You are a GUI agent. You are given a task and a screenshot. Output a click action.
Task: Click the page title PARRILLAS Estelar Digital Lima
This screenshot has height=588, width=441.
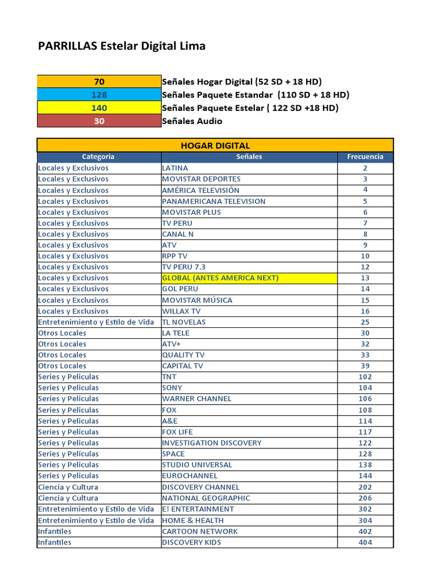[x=121, y=47]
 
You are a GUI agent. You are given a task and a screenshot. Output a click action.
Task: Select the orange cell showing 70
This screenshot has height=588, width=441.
[x=99, y=82]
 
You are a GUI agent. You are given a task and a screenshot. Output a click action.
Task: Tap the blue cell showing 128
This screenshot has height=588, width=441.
[x=99, y=95]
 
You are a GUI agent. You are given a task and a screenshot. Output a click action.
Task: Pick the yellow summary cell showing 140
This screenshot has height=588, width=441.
[x=99, y=108]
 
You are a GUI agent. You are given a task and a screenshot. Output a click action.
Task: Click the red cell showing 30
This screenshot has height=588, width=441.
[x=99, y=121]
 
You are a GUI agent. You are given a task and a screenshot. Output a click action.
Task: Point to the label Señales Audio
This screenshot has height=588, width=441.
[x=192, y=121]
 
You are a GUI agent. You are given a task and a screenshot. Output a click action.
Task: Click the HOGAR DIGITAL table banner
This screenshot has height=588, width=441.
[x=215, y=145]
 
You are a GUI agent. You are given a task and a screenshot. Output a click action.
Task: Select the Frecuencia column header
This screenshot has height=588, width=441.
[x=365, y=157]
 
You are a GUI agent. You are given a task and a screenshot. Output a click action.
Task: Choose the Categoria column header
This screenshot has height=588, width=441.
[x=98, y=157]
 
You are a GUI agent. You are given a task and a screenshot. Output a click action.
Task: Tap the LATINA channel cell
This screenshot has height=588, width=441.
[x=175, y=168]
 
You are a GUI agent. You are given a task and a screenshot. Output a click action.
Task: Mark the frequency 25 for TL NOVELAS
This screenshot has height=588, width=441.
[x=365, y=322]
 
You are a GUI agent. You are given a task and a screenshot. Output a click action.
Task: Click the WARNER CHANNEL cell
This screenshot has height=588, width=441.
[x=197, y=399]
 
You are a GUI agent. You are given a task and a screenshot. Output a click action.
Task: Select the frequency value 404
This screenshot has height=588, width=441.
[x=365, y=542]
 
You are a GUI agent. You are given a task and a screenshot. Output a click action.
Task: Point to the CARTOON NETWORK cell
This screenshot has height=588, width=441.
[x=200, y=531]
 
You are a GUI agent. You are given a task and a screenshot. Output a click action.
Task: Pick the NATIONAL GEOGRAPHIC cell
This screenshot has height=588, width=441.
[x=206, y=498]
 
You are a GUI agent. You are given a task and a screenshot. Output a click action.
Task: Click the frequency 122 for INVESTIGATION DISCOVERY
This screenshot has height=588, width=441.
[x=365, y=443]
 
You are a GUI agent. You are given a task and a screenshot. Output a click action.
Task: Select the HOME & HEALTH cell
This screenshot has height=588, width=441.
[x=193, y=520]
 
